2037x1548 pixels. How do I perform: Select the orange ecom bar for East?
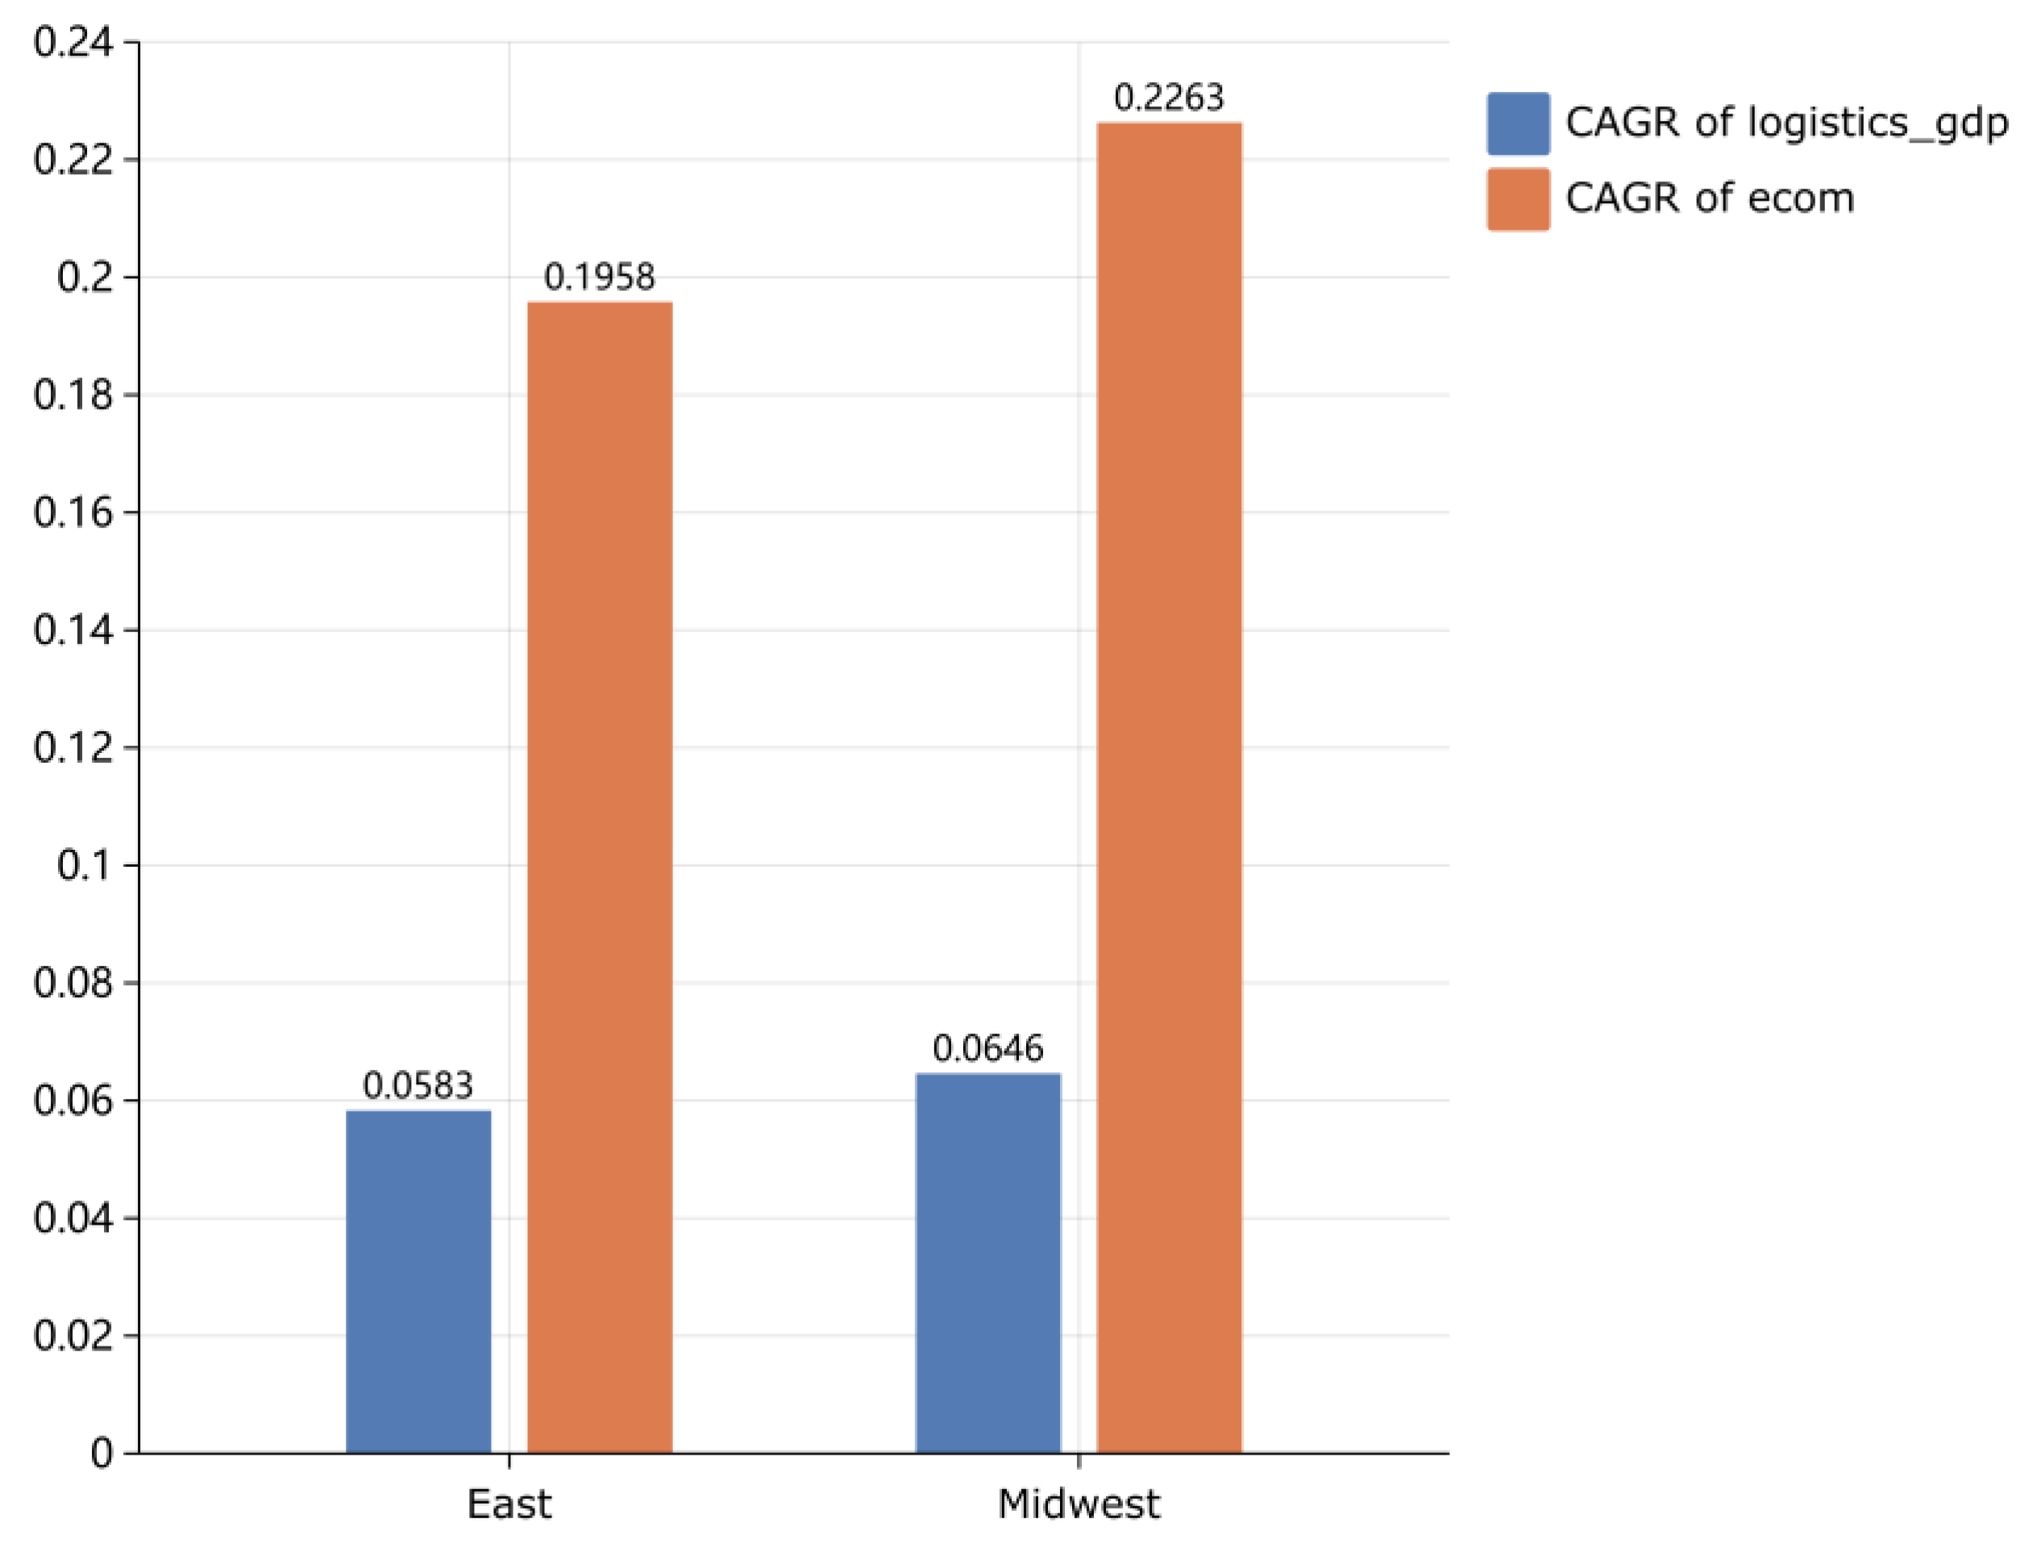point(600,877)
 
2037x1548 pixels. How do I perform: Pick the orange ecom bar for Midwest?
point(1169,788)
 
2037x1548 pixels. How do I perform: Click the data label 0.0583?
point(418,1085)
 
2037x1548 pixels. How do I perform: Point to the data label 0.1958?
point(600,277)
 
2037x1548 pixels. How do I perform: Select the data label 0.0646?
point(987,1049)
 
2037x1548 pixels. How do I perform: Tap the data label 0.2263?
point(1169,97)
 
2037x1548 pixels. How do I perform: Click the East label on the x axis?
point(509,1504)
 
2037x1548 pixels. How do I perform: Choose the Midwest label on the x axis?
point(1079,1504)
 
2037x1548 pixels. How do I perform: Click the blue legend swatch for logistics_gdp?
point(1517,123)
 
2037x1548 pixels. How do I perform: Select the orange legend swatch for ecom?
point(1517,199)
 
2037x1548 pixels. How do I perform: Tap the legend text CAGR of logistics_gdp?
point(1786,123)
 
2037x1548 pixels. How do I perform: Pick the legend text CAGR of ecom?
point(1709,198)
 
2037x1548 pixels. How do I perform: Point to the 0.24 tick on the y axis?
point(73,43)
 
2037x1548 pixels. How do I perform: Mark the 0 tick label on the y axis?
point(102,1454)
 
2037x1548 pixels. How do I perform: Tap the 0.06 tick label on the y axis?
point(73,1101)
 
